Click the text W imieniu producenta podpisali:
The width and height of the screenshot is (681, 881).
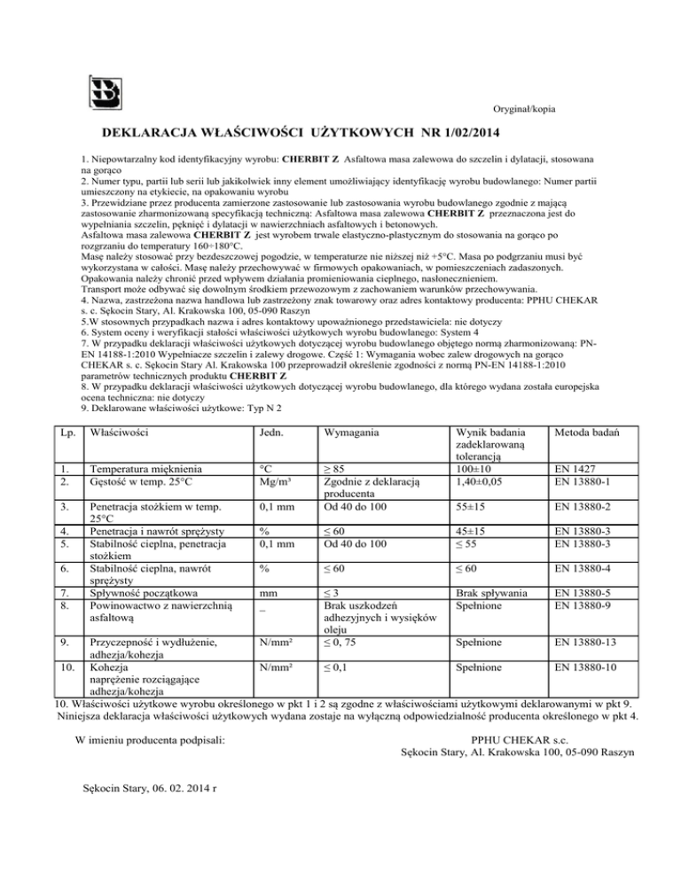coord(151,738)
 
